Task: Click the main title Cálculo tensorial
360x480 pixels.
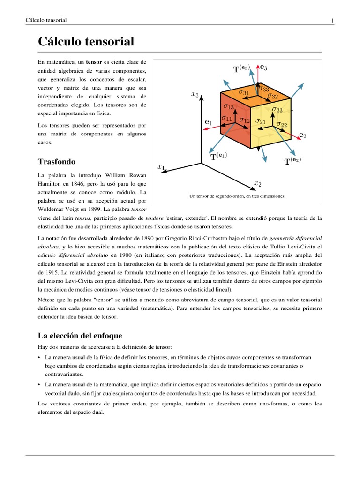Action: coord(86,42)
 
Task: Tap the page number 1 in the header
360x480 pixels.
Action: coord(332,20)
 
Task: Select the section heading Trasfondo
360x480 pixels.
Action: coord(56,161)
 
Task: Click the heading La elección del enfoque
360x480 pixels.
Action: coord(80,335)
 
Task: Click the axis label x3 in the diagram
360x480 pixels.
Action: coord(195,94)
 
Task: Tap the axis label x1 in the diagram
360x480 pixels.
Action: coord(161,166)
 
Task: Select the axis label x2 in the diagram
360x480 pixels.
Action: coord(257,183)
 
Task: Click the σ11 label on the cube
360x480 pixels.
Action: coord(227,119)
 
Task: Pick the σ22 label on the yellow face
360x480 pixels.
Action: coord(282,124)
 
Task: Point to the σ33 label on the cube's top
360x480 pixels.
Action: coord(263,89)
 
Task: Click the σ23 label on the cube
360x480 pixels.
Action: coord(277,110)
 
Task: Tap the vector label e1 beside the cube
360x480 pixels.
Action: coord(209,122)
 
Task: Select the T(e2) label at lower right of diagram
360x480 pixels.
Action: coord(292,161)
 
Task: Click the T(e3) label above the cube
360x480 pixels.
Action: coord(242,69)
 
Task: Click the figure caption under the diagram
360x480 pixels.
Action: coord(237,196)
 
